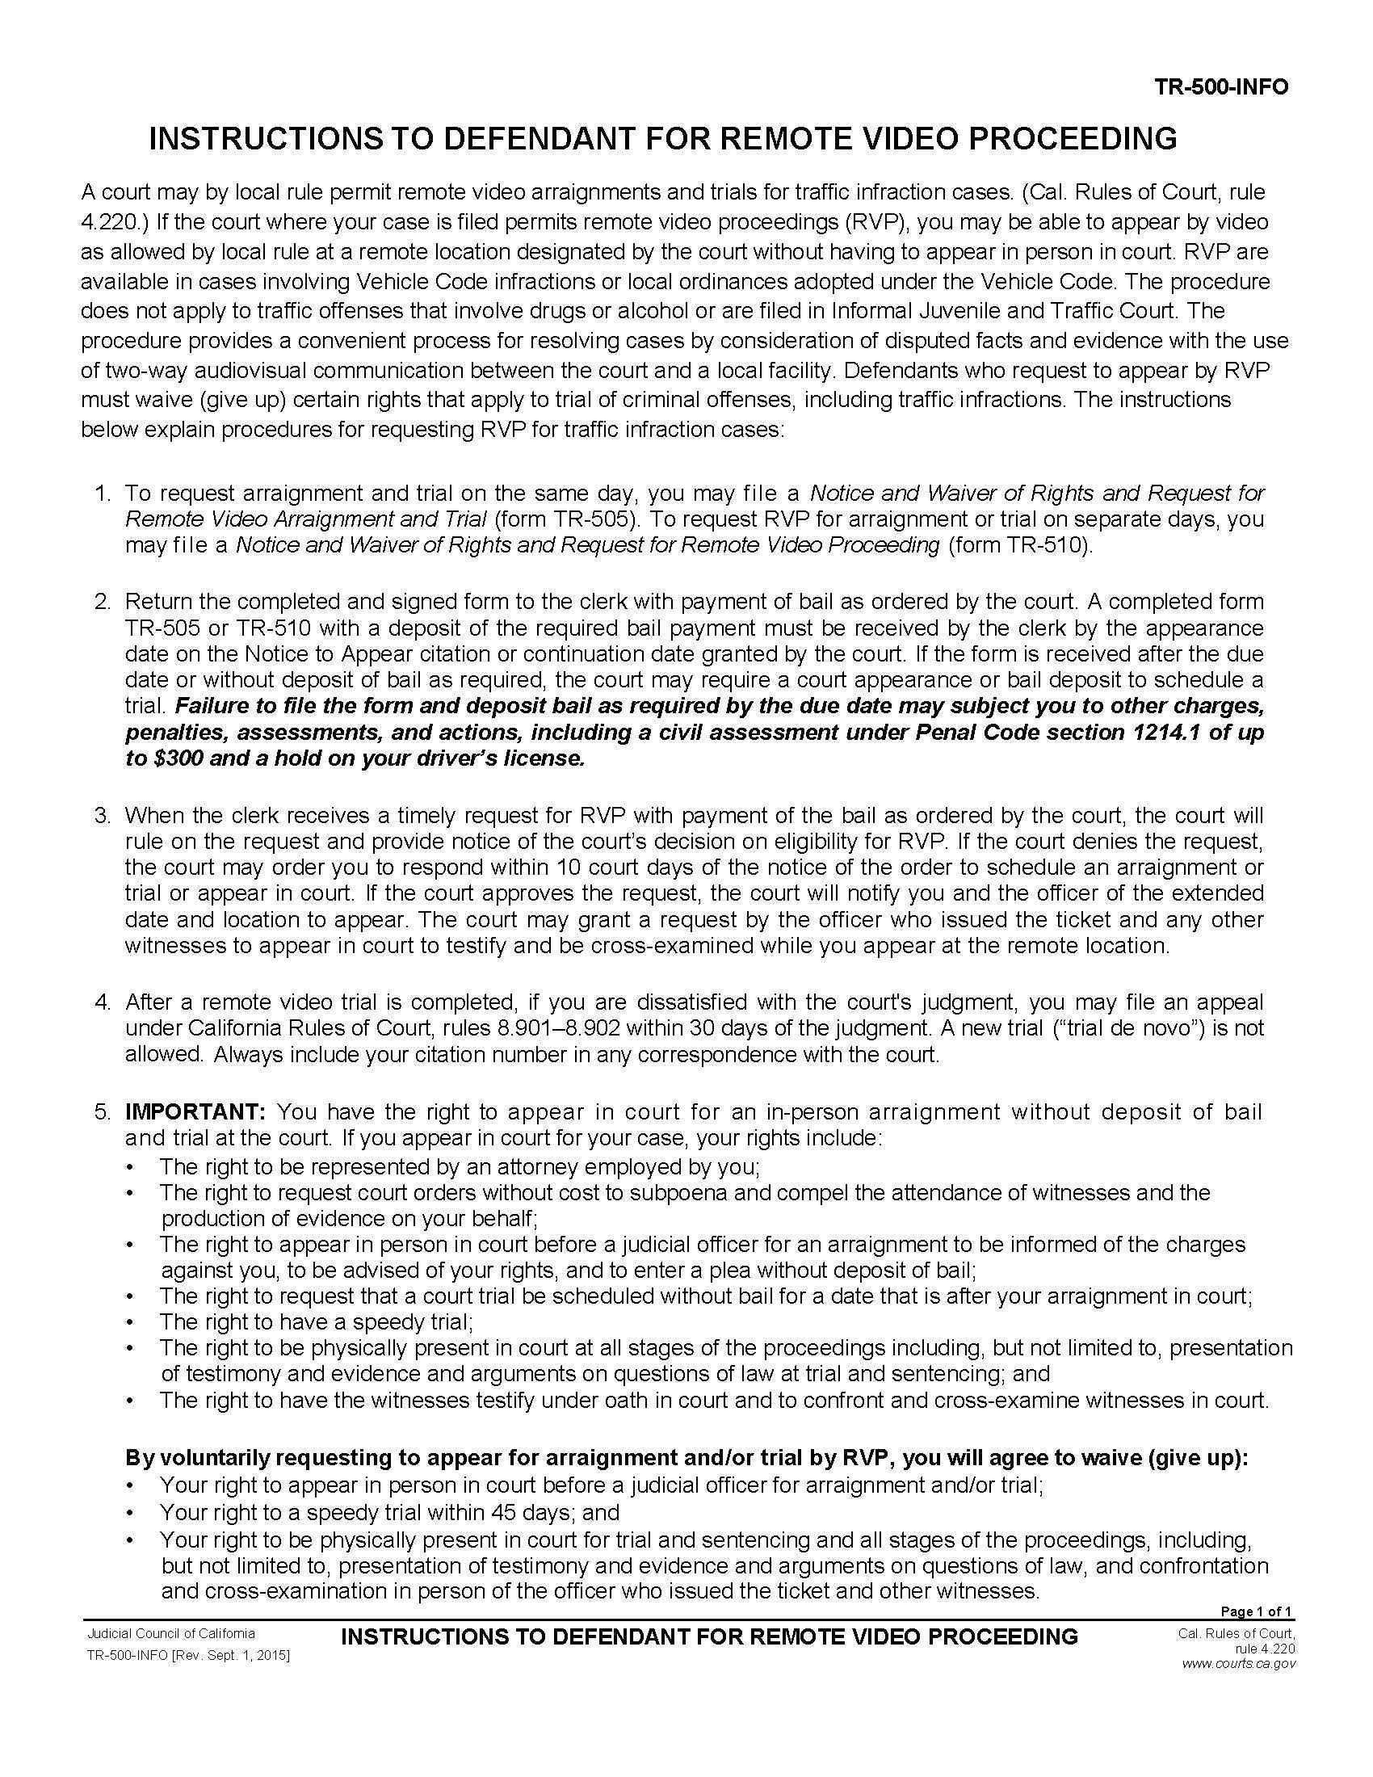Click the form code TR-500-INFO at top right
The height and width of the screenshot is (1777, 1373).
(x=1222, y=87)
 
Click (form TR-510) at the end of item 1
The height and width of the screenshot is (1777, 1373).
(x=1021, y=545)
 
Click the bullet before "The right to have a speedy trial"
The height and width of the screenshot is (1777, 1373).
(x=132, y=1322)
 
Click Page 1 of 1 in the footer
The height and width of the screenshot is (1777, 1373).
(x=1256, y=1612)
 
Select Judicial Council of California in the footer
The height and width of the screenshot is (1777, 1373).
(x=170, y=1634)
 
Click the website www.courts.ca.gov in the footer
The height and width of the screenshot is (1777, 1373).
(x=1238, y=1664)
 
